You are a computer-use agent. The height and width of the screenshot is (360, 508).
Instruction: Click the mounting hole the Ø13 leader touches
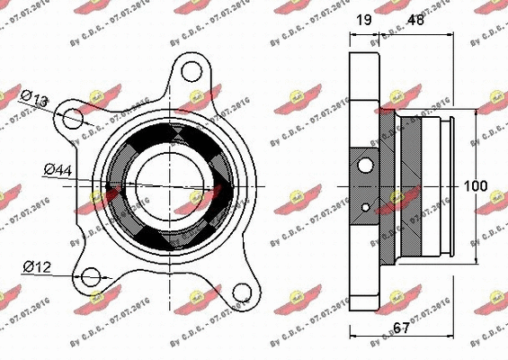point(76,118)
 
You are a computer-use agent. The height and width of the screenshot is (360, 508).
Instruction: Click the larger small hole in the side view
point(365,165)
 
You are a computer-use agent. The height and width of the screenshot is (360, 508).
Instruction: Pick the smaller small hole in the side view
point(365,208)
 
